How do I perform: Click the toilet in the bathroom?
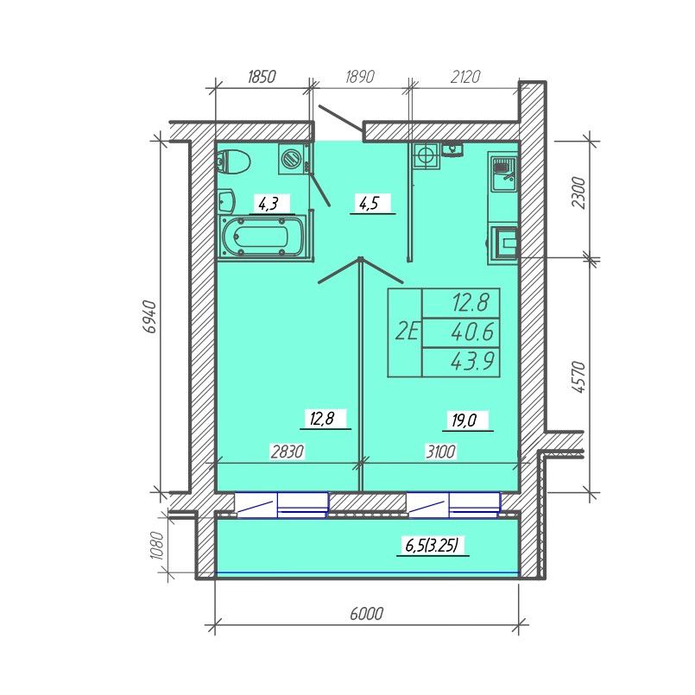point(233,161)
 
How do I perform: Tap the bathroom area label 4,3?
point(269,205)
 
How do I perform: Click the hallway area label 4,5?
point(369,204)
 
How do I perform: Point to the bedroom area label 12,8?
point(321,419)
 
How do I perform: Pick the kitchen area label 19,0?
point(464,420)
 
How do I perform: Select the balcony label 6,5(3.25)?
point(432,546)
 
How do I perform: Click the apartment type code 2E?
point(407,332)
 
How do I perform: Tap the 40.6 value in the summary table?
point(472,332)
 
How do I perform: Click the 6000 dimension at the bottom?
point(367,615)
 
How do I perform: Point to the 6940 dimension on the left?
point(150,317)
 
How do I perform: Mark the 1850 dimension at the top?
point(262,77)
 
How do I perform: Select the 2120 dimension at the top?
point(465,77)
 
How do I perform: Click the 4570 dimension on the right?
point(578,377)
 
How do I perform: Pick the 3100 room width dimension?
point(440,452)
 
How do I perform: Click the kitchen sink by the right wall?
point(504,173)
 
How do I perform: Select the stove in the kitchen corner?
point(426,155)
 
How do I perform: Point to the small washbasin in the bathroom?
point(226,200)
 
